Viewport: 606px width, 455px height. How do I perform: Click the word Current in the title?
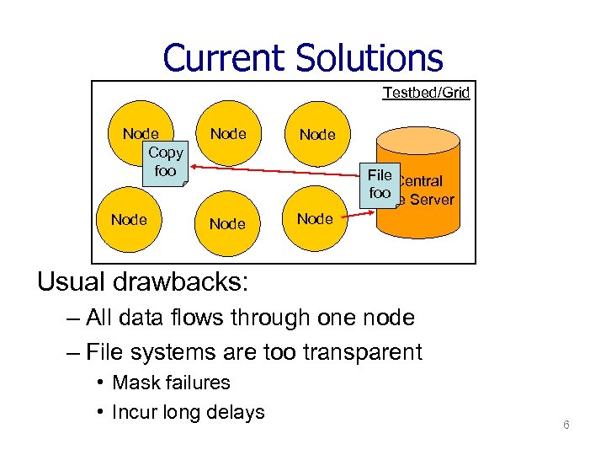click(225, 58)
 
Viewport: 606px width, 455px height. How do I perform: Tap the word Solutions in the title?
click(369, 58)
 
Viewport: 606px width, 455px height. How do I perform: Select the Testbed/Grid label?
click(426, 93)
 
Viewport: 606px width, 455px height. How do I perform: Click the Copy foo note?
click(165, 162)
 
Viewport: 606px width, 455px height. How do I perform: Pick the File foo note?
click(380, 184)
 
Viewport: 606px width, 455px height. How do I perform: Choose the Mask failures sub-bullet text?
click(171, 383)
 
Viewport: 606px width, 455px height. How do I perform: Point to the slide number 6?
click(566, 425)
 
